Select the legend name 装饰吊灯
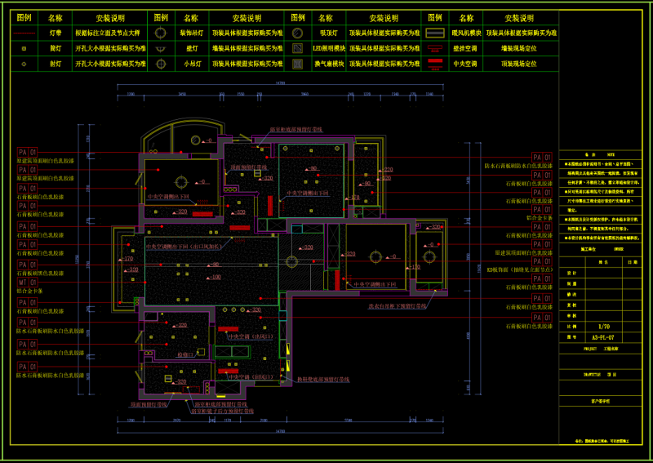(191, 33)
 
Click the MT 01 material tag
(27, 282)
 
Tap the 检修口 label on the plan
(185, 355)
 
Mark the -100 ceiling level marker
(215, 278)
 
